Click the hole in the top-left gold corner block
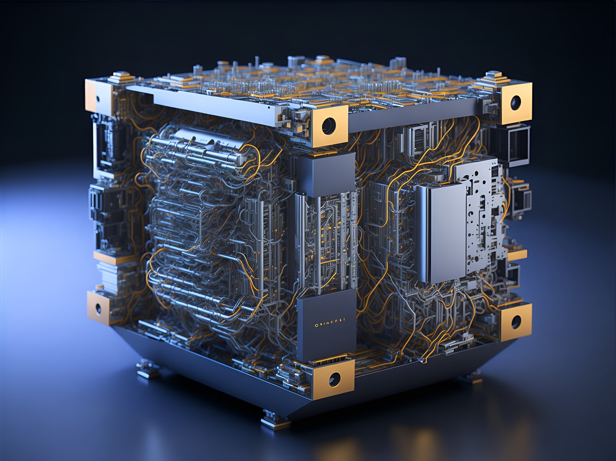coord(98,99)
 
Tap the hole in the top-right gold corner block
coord(516,102)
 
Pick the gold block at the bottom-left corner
coord(99,307)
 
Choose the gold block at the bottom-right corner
coord(516,321)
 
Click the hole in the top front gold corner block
coord(329,126)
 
